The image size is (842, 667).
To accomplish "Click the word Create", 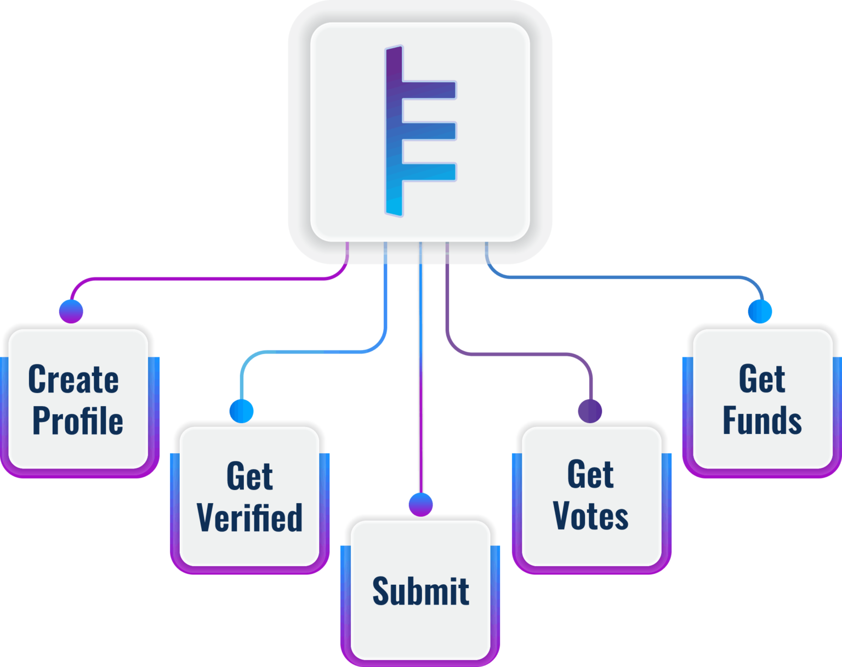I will tap(73, 379).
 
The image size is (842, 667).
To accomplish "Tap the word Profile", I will tap(78, 421).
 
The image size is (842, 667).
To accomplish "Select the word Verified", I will tap(249, 517).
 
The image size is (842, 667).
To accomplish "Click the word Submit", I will tap(420, 591).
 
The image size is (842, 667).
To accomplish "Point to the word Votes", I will tap(590, 516).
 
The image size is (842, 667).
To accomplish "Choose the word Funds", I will tap(762, 421).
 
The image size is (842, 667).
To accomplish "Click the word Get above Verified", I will tap(249, 476).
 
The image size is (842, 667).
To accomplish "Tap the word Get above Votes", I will tap(590, 475).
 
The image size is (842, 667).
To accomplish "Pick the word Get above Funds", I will tap(762, 379).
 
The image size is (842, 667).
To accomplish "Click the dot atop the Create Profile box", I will tap(71, 311).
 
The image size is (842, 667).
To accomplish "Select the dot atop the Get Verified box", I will tap(241, 411).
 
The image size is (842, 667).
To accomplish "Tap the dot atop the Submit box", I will tap(420, 504).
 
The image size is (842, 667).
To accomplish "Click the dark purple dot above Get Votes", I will tap(590, 411).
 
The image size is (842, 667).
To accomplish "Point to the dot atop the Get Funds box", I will tap(760, 311).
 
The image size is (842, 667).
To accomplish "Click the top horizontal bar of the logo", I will tap(429, 90).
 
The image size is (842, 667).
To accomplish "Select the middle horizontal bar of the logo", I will tap(429, 131).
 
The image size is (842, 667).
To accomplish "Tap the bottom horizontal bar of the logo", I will tap(429, 172).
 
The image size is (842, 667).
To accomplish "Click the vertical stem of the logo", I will tap(394, 132).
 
